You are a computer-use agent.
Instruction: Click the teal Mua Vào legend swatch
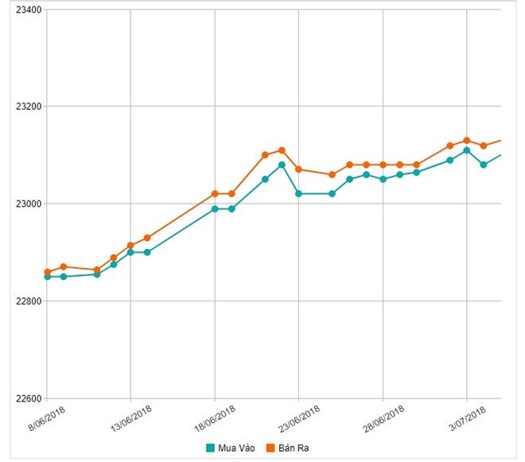pyautogui.click(x=211, y=447)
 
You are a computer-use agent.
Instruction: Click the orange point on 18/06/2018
pyautogui.click(x=215, y=193)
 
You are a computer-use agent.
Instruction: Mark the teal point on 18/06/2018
pyautogui.click(x=215, y=209)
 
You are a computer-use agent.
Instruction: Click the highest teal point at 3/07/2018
pyautogui.click(x=467, y=150)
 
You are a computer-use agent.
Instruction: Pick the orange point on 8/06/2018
pyautogui.click(x=47, y=272)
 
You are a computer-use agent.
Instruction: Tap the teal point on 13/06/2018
pyautogui.click(x=130, y=252)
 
